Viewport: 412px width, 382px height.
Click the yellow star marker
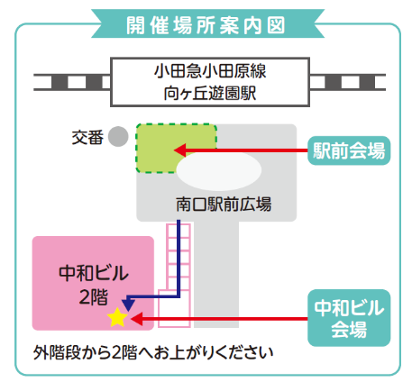click(117, 318)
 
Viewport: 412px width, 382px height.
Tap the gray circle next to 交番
click(118, 136)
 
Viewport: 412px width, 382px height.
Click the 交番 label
click(87, 138)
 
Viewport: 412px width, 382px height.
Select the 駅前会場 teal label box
click(349, 150)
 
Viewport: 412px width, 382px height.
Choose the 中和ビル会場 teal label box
click(349, 318)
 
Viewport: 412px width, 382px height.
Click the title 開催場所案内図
click(206, 25)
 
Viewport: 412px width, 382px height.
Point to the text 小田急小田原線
click(210, 71)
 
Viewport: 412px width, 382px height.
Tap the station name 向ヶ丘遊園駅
click(210, 93)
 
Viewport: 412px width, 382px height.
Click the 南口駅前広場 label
click(224, 205)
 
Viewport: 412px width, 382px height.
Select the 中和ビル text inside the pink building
click(94, 273)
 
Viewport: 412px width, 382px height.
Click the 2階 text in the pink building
click(94, 297)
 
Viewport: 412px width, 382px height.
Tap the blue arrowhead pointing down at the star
click(128, 305)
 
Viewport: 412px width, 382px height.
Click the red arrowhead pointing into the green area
click(179, 150)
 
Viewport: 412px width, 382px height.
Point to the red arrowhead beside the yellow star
click(136, 319)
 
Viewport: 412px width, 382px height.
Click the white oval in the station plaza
click(219, 170)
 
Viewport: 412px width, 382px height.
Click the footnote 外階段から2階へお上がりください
click(153, 353)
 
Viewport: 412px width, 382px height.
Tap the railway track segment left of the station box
click(72, 82)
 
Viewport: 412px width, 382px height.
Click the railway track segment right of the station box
click(348, 82)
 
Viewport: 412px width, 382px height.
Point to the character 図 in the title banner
click(276, 25)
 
